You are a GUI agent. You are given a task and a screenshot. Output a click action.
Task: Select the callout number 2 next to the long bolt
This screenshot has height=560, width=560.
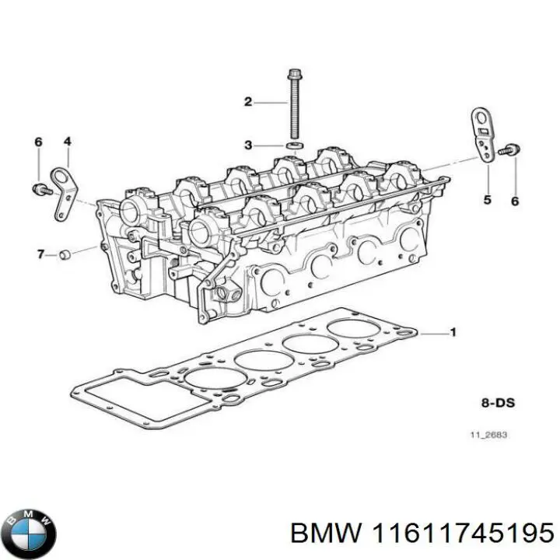[248, 102]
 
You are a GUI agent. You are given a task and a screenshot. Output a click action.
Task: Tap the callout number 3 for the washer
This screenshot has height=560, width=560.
[248, 145]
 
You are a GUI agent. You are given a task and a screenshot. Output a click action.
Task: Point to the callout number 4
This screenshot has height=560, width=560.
[68, 142]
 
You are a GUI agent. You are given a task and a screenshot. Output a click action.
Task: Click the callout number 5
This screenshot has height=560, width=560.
[488, 200]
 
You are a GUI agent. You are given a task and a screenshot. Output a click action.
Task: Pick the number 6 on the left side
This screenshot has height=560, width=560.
[37, 142]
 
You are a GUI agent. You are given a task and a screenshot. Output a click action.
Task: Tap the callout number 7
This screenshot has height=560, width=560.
[40, 254]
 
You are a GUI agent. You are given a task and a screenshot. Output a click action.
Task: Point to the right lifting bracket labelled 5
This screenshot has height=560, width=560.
[483, 135]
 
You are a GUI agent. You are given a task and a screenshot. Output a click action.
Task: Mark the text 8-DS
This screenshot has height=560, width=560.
[498, 404]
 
